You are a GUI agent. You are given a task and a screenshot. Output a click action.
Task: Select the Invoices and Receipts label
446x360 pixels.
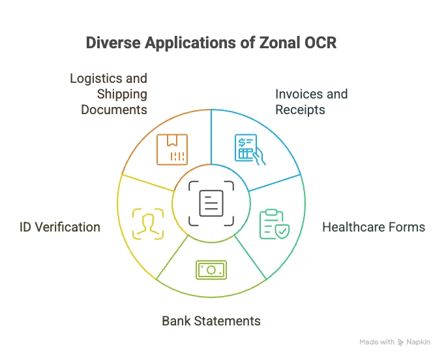311,102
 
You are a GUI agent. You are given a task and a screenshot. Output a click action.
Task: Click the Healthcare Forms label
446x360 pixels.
374,228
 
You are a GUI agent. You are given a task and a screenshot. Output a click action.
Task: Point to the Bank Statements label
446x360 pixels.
211,321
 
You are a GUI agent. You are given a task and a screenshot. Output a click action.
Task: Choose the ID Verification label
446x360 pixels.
59,228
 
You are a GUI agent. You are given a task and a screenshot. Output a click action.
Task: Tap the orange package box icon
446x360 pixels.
172,149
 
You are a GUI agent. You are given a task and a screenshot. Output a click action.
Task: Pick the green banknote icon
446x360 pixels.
211,270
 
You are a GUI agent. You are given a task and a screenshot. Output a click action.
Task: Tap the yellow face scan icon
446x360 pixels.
147,224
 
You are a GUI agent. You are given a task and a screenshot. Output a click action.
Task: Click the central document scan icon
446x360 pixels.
211,203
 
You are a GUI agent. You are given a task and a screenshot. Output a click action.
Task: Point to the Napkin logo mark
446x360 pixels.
401,342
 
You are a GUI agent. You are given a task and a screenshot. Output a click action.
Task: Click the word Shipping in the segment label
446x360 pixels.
122,94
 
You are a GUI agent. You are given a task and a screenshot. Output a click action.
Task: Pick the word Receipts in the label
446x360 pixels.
300,110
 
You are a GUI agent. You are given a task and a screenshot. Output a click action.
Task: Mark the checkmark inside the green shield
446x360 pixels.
282,230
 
